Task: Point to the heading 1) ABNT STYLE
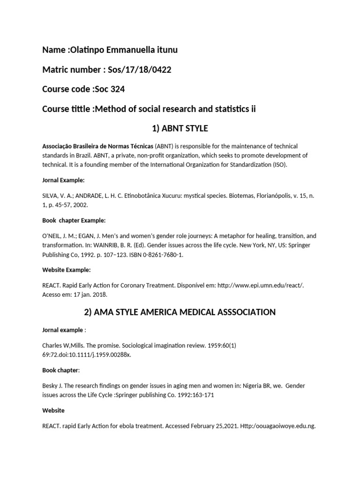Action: pyautogui.click(x=180, y=128)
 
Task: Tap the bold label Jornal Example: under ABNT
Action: pyautogui.click(x=64, y=180)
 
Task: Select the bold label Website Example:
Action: pyautogui.click(x=67, y=270)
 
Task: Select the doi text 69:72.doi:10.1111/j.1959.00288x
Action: pyautogui.click(x=87, y=354)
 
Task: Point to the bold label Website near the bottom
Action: pyautogui.click(x=53, y=410)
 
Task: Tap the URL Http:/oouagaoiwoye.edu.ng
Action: pyautogui.click(x=277, y=427)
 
